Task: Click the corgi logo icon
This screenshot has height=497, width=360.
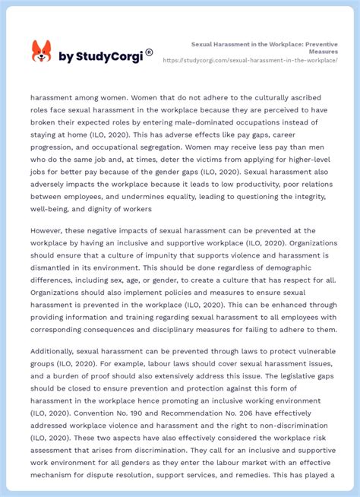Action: [41, 52]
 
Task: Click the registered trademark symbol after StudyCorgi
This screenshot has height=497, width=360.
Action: [149, 52]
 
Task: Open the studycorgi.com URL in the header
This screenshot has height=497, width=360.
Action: [251, 59]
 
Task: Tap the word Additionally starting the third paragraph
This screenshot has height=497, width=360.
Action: [55, 351]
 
